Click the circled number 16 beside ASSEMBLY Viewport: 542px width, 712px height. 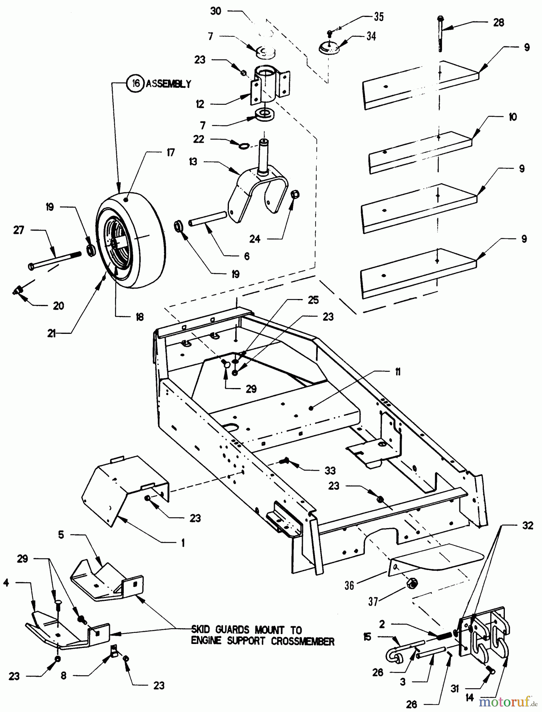coord(135,84)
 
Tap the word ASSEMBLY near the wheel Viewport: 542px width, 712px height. coord(169,84)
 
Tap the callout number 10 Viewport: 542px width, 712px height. coord(512,117)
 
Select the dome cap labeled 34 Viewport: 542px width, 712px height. coord(330,49)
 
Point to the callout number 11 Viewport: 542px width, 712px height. coord(397,371)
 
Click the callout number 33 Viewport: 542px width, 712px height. coord(330,470)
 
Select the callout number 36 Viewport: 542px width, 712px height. coord(349,585)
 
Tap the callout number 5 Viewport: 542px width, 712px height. coord(61,535)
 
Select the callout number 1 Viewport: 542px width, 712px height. coord(183,543)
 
